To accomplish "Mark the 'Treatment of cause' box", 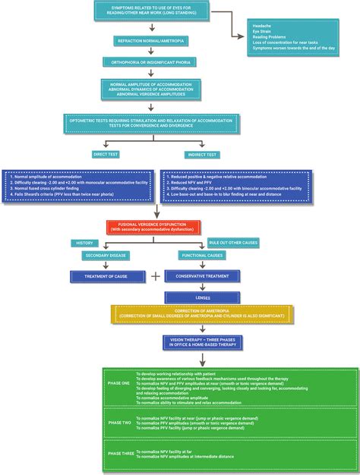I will tap(106, 276).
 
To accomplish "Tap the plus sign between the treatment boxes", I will tap(156, 276).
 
